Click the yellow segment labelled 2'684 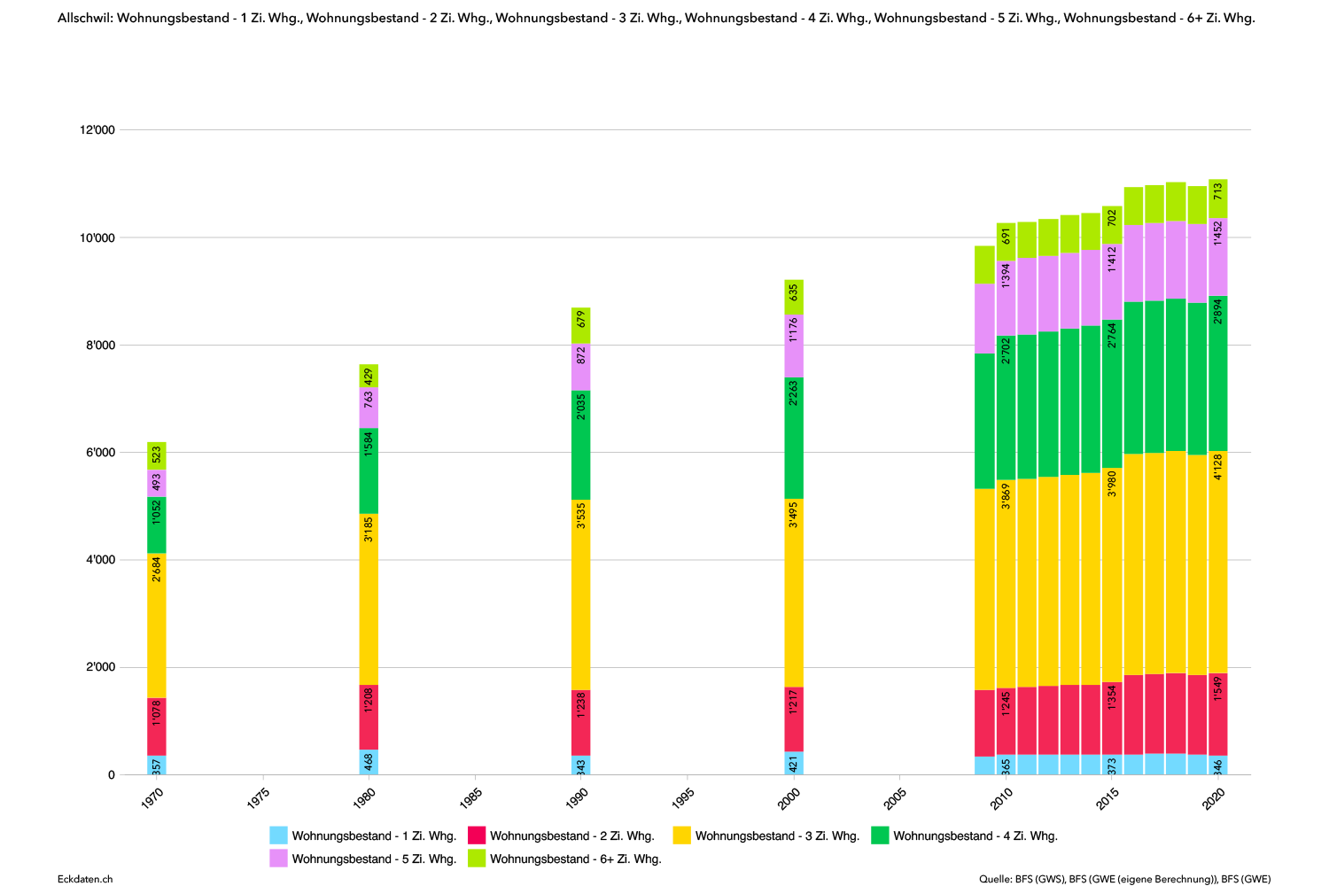(x=157, y=626)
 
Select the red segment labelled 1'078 (x=157, y=727)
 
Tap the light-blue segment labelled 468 (x=369, y=762)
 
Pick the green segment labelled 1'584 (x=369, y=471)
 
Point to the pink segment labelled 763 (x=369, y=408)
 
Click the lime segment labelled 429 (x=369, y=376)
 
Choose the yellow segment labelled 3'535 (x=580, y=595)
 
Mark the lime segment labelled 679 (x=580, y=326)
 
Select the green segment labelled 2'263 (x=793, y=439)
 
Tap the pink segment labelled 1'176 (x=793, y=347)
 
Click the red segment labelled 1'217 (x=793, y=719)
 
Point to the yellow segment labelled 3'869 (x=1006, y=584)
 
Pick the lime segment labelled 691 (x=1006, y=242)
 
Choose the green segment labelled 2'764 (x=1112, y=394)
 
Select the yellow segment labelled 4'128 (x=1218, y=563)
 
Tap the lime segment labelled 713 (x=1218, y=198)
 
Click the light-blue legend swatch (x=278, y=835)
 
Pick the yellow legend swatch (x=681, y=835)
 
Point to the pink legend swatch (x=278, y=858)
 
